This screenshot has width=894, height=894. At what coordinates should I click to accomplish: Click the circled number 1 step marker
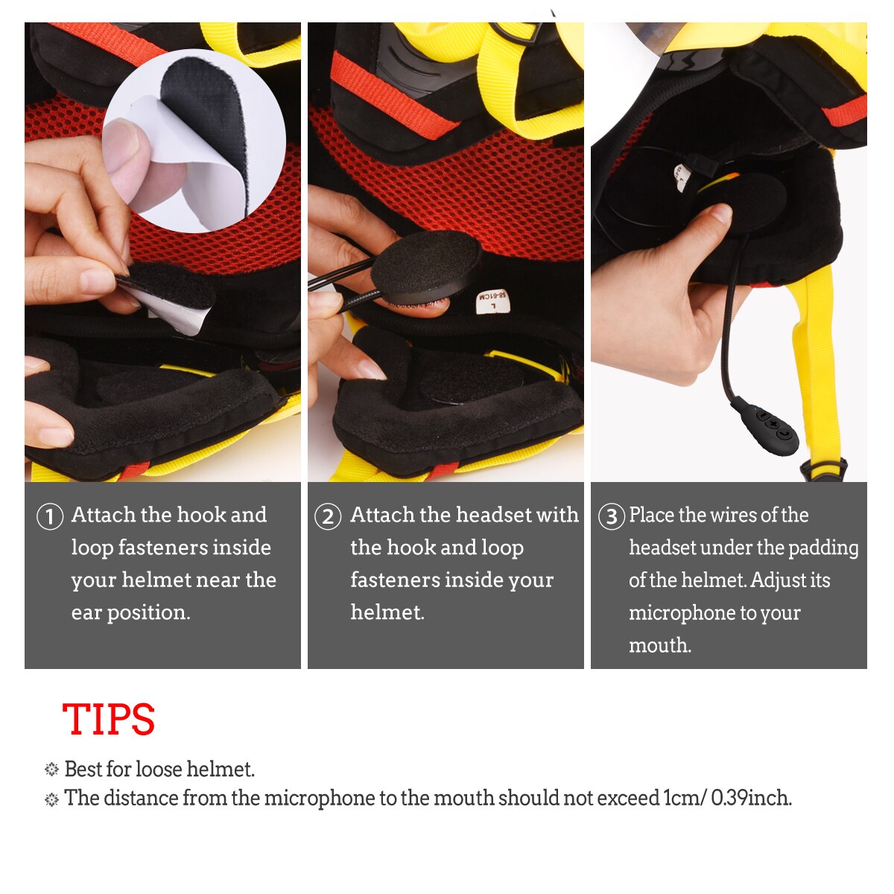pyautogui.click(x=50, y=516)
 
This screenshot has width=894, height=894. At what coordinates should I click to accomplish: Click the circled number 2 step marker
pyautogui.click(x=328, y=516)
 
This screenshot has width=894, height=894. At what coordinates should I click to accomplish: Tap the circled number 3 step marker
pyautogui.click(x=611, y=516)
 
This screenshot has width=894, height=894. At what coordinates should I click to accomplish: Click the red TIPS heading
pyautogui.click(x=109, y=720)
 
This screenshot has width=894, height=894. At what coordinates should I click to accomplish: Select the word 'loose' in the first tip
pyautogui.click(x=159, y=769)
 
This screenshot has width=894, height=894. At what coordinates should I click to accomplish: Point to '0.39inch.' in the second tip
pyautogui.click(x=751, y=798)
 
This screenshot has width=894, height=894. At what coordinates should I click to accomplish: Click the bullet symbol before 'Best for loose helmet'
pyautogui.click(x=51, y=770)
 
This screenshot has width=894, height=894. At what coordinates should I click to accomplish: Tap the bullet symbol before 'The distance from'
pyautogui.click(x=51, y=799)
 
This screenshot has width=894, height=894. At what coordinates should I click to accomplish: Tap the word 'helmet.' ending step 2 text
pyautogui.click(x=387, y=612)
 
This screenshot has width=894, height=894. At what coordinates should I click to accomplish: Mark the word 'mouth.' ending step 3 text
pyautogui.click(x=660, y=645)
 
